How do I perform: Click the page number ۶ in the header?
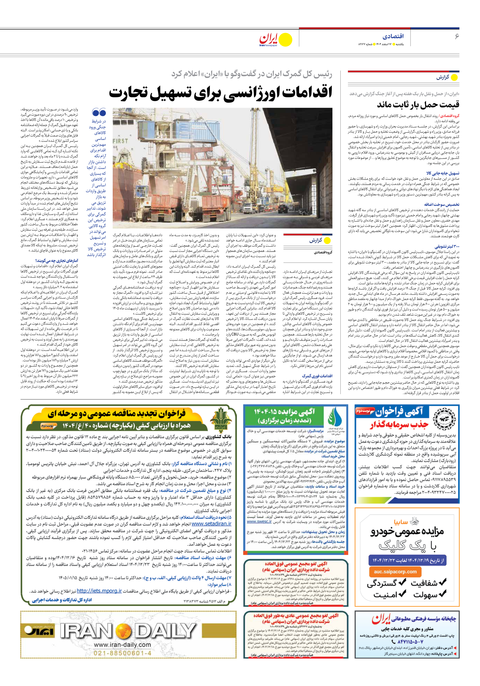pos(456,36)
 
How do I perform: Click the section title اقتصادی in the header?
pos(393,36)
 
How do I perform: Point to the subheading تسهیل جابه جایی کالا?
pos(443,173)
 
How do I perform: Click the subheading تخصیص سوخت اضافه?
pos(443,205)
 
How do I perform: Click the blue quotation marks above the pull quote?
pos(99,112)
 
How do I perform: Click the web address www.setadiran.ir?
pos(211,524)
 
